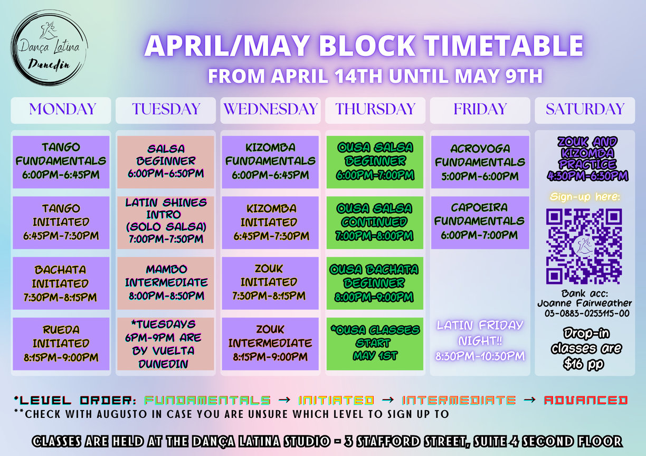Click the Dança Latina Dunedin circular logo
tap(49, 48)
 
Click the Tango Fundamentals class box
tap(61, 162)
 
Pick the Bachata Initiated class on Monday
tap(61, 283)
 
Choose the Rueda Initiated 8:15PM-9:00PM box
tap(61, 344)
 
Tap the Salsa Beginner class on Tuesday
tap(166, 162)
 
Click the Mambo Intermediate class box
tap(166, 283)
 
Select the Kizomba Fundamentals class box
tap(270, 162)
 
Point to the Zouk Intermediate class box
tap(270, 344)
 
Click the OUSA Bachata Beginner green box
tap(375, 283)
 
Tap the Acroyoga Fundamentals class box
tap(480, 162)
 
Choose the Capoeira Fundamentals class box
tap(480, 223)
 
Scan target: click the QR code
tap(584, 246)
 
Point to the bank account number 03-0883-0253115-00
tap(587, 313)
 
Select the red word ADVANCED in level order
tap(586, 401)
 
